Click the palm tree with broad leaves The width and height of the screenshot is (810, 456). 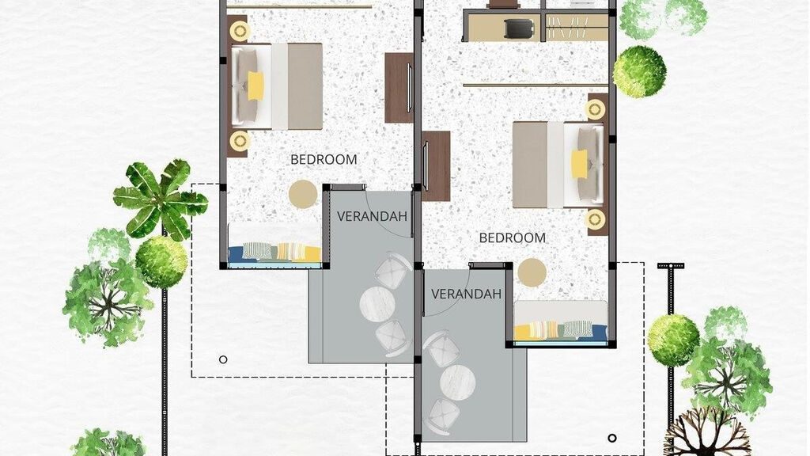point(160,199)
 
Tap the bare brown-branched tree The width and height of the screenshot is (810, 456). point(707,431)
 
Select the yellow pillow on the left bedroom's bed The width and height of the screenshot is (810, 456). point(255,85)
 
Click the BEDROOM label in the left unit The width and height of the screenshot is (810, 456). point(324,160)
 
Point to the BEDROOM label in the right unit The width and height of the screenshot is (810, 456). point(513,237)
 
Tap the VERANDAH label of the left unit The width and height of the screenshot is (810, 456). point(372,216)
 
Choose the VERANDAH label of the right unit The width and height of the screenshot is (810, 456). point(466,294)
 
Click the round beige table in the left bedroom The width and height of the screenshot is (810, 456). point(303,195)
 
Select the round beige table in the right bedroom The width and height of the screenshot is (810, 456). point(532,272)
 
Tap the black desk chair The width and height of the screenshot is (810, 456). point(518,28)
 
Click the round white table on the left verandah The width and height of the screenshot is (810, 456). point(377,305)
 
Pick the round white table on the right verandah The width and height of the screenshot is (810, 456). point(458,382)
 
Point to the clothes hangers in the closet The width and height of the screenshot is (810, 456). point(567,28)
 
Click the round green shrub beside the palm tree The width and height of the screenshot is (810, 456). point(161,261)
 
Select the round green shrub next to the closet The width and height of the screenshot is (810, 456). point(639,72)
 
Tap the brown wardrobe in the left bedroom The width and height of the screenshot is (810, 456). point(399,88)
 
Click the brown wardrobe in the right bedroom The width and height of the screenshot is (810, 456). point(436,166)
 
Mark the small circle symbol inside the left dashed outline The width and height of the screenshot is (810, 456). point(223,360)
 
